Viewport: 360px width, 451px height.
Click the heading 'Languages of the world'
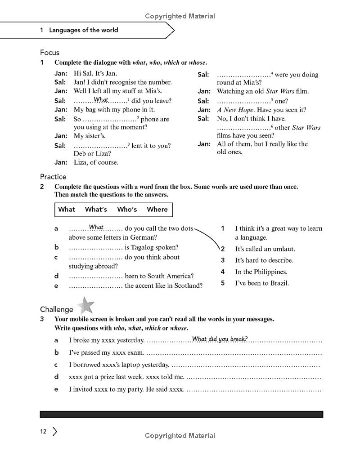pyautogui.click(x=83, y=30)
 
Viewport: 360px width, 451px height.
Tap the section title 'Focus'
pyautogui.click(x=49, y=53)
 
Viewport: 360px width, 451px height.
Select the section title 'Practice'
pyautogui.click(x=53, y=177)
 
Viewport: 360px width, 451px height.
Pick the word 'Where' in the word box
pyautogui.click(x=157, y=210)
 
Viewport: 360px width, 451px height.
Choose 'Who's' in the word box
pyautogui.click(x=127, y=210)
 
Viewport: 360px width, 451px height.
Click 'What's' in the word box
pyautogui.click(x=96, y=210)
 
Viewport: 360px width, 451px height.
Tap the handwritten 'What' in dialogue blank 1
pyautogui.click(x=101, y=100)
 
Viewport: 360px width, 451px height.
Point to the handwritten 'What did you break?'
pyautogui.click(x=220, y=339)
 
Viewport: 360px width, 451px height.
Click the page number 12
pyautogui.click(x=43, y=432)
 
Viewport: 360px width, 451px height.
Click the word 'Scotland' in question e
pyautogui.click(x=188, y=286)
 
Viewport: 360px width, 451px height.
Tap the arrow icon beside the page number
pyautogui.click(x=55, y=432)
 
